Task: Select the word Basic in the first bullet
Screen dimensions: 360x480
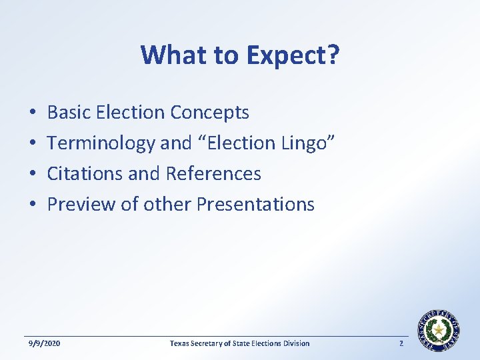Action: [x=69, y=113]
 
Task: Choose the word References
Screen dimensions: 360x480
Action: [x=213, y=173]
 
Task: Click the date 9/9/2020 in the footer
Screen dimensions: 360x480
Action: [x=44, y=343]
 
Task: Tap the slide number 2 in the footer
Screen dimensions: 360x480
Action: [x=401, y=343]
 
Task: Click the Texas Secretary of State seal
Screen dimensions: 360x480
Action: [x=439, y=330]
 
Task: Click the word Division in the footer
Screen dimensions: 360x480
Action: [x=295, y=343]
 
